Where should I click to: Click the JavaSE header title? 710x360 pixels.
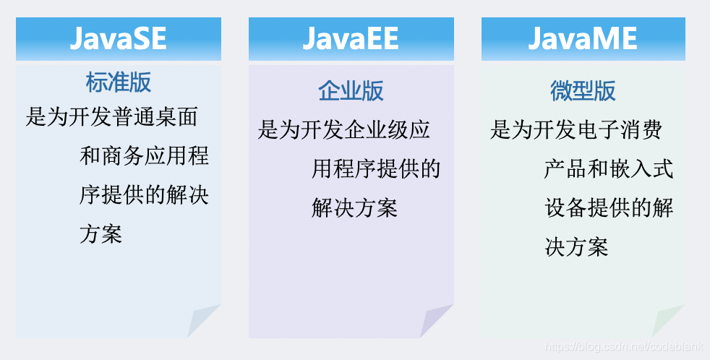118,38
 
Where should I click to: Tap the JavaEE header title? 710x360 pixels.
351,38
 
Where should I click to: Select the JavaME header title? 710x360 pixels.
583,38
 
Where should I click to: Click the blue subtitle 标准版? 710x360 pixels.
118,82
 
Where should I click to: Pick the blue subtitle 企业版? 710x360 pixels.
351,90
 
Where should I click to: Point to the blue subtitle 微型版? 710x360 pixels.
583,90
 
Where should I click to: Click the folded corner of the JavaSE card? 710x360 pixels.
203,321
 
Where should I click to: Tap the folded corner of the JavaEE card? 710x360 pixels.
437,321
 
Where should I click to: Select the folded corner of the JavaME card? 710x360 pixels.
668,321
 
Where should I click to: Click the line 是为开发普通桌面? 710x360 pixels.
112,117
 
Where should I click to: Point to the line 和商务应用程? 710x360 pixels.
144,156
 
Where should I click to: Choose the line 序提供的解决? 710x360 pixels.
144,195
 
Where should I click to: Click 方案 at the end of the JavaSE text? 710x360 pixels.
101,234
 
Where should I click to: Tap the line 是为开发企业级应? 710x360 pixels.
343,129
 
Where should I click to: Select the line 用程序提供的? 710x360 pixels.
376,169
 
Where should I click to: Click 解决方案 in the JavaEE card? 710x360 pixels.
354,208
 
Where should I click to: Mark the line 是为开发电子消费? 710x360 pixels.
576,129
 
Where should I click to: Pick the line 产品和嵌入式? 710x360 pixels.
609,169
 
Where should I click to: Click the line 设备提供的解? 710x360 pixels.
609,208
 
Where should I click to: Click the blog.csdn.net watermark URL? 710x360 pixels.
623,347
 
